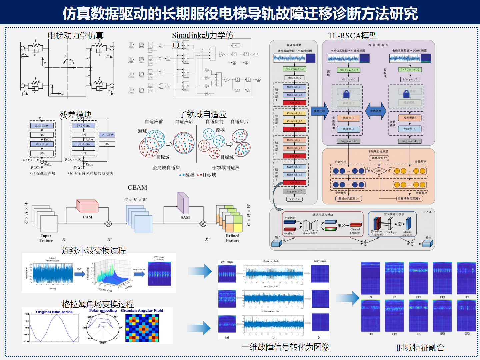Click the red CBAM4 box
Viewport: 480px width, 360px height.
coord(295,183)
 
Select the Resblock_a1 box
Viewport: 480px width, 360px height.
coord(295,87)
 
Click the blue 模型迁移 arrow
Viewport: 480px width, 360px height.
coord(320,111)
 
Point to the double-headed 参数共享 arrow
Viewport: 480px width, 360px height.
coord(376,111)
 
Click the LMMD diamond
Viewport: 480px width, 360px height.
coord(379,171)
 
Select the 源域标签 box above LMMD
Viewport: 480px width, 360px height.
coord(379,158)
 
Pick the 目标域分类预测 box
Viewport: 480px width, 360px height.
coord(410,199)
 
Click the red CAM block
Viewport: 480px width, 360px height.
coord(87,206)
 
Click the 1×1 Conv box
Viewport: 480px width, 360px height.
coord(107,135)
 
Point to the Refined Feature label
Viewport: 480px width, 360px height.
coord(232,238)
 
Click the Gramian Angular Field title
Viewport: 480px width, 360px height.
coord(142,311)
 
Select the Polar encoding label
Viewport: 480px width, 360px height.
coord(103,311)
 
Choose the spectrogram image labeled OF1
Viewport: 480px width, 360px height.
coord(442,278)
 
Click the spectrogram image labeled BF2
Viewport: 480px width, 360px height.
coord(371,315)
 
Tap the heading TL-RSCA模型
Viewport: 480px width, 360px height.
coord(352,36)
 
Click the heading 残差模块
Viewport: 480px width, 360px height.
coord(76,115)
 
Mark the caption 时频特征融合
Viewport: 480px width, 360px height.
coord(420,348)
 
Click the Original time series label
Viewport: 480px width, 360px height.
coord(54,312)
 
